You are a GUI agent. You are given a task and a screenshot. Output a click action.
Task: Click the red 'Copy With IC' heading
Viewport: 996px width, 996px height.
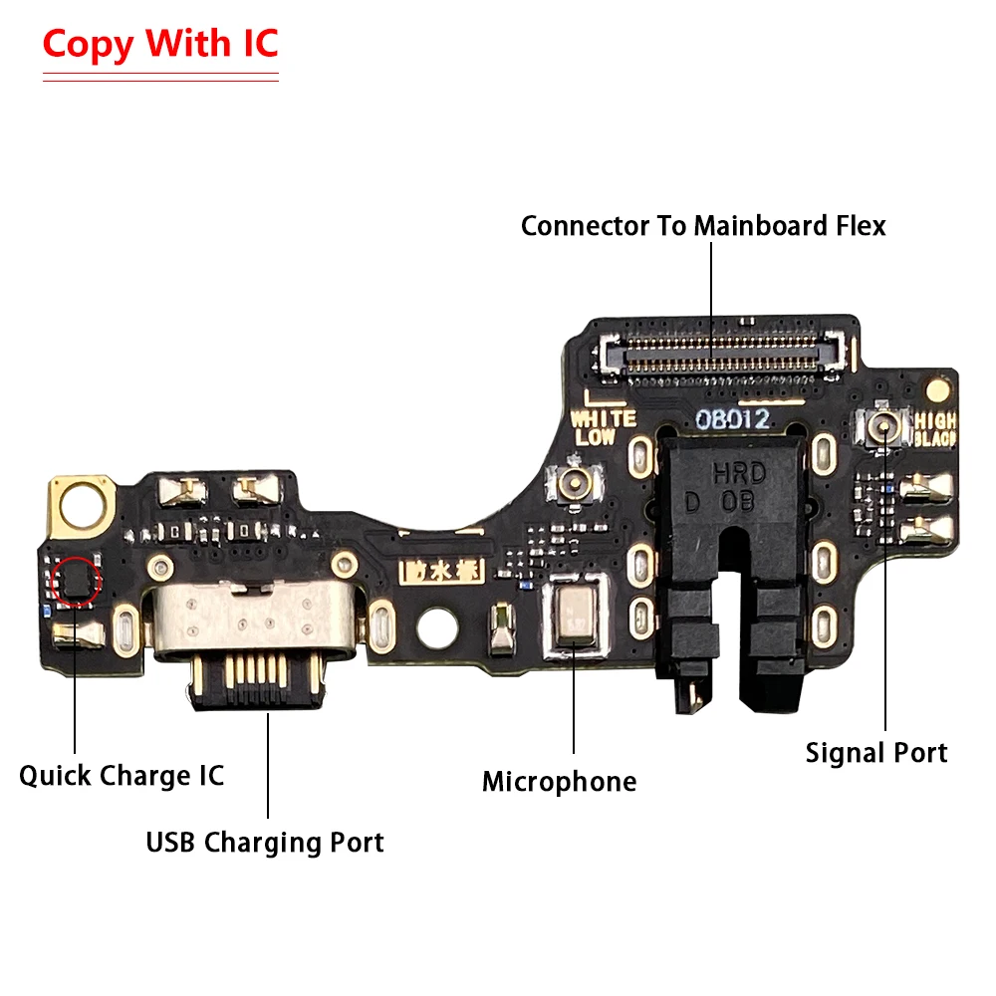click(159, 45)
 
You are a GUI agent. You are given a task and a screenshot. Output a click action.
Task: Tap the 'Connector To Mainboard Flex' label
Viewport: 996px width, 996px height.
click(703, 226)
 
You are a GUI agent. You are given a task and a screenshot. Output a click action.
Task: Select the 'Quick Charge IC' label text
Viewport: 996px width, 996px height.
click(122, 775)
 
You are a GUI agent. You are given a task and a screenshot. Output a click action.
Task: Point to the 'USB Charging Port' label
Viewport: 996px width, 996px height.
click(265, 843)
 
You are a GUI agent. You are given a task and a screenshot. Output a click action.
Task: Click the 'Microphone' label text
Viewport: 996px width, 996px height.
click(559, 782)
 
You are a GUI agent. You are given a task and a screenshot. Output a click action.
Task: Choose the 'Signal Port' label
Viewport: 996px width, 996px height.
click(876, 753)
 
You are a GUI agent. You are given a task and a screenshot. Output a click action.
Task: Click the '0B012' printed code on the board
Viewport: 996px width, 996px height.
click(732, 419)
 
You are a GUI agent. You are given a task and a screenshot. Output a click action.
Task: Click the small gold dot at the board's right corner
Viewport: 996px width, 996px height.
click(937, 386)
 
